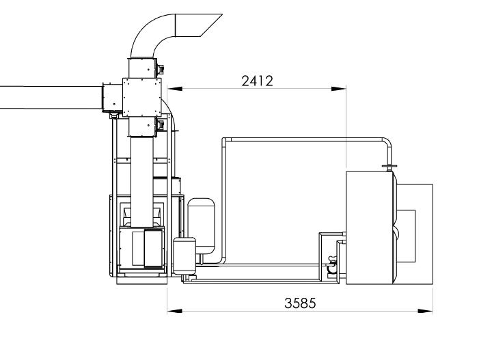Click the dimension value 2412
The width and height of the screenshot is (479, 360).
(x=257, y=81)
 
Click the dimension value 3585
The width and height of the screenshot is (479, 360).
(x=300, y=303)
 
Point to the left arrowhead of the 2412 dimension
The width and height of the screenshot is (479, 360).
(x=175, y=89)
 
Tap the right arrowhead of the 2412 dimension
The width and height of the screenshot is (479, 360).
(x=339, y=89)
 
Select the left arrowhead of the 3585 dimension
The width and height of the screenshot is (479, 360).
(x=175, y=311)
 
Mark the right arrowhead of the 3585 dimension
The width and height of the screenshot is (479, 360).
(x=426, y=311)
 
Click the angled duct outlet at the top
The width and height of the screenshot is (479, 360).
(x=199, y=25)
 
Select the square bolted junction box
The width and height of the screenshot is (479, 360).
(x=141, y=97)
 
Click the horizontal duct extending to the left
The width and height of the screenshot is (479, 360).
(x=51, y=98)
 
